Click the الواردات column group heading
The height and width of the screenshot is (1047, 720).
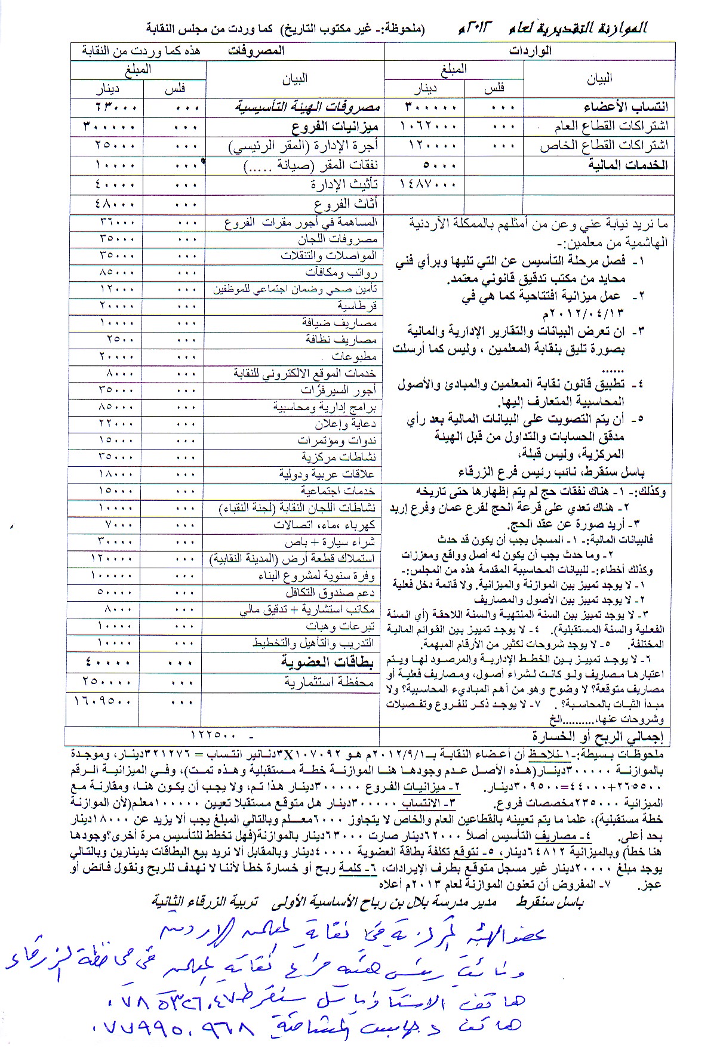pos(530,51)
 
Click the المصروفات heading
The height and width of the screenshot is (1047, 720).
pos(256,51)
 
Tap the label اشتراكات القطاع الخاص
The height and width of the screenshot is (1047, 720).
pos(604,146)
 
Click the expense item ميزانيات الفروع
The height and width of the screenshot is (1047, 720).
pos(335,127)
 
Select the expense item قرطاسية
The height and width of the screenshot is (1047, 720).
pos(357,306)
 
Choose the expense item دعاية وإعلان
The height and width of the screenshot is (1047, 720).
pos(346,424)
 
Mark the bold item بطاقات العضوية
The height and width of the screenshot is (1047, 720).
pos(327,662)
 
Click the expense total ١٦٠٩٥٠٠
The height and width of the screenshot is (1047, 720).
pos(103,701)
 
